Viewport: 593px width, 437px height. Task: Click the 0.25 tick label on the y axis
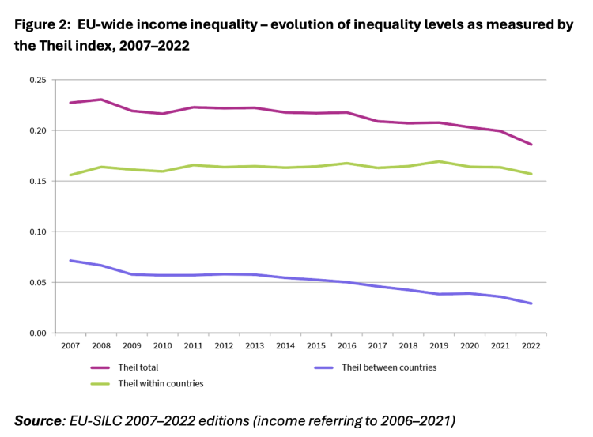(36, 80)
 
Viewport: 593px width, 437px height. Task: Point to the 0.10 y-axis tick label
(36, 232)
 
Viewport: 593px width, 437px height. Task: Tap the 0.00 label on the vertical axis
(36, 333)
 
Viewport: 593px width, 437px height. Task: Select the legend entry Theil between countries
(389, 367)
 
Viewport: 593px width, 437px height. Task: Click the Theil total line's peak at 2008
(102, 100)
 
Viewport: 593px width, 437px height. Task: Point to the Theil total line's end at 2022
(531, 145)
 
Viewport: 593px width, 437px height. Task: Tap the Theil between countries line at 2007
(71, 260)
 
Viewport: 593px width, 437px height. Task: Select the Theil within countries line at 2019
(440, 161)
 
